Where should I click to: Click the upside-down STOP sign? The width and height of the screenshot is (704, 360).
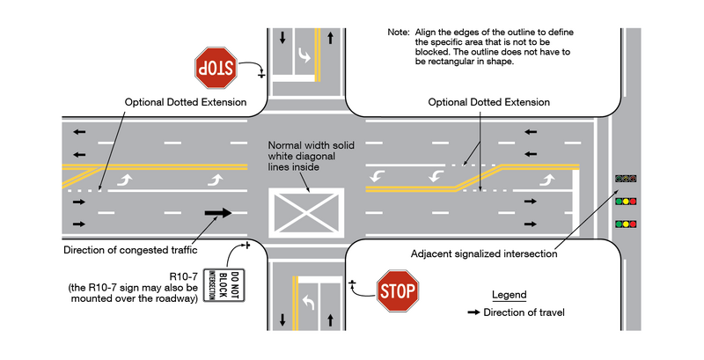pos(216,69)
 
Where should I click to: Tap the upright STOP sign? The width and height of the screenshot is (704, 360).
pos(398,290)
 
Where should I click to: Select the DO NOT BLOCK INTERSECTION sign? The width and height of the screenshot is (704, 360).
pos(216,285)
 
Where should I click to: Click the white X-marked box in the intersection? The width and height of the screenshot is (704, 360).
pos(308,212)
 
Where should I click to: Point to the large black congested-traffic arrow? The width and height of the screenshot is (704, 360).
pos(218,212)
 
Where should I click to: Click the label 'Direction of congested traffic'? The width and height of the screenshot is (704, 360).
pos(128,250)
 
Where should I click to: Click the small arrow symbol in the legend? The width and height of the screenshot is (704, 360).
pos(473,312)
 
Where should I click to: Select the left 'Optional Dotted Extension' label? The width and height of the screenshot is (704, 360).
pos(185,102)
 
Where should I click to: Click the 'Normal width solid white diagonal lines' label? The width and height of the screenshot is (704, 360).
pos(308,156)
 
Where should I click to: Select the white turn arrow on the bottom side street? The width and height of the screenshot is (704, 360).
pos(310,303)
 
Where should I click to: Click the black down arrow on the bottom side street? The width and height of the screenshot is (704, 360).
pos(282,319)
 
